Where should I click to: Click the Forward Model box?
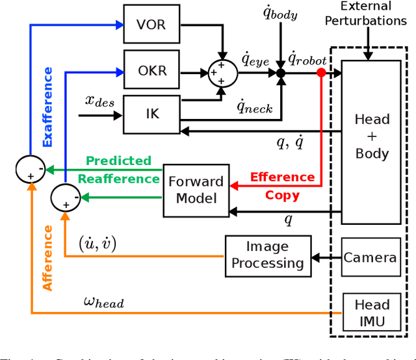(196, 189)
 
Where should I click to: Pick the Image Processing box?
(267, 254)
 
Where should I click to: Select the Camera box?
(370, 257)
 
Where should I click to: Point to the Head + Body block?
(372, 137)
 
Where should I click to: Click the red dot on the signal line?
(320, 73)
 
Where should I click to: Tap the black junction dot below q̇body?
(281, 73)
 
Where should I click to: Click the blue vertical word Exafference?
(47, 107)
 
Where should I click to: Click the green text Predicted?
(119, 161)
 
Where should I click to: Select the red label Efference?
(282, 177)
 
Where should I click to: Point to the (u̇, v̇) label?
(98, 243)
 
